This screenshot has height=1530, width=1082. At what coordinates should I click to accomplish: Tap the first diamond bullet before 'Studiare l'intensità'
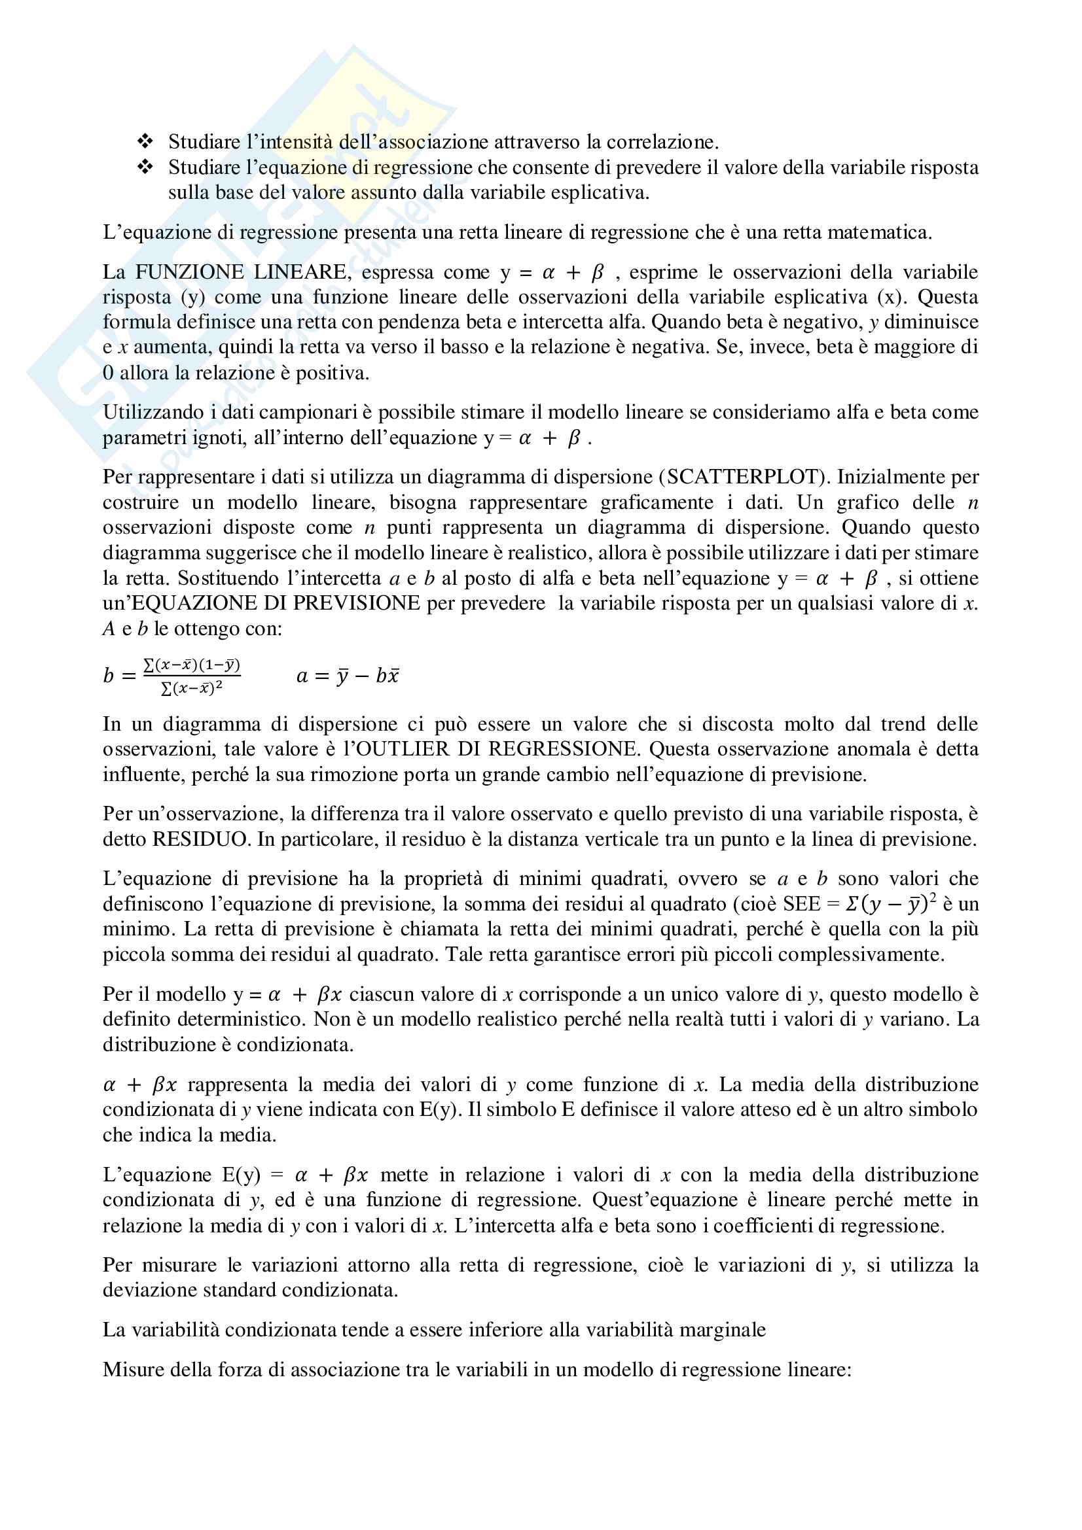tap(145, 141)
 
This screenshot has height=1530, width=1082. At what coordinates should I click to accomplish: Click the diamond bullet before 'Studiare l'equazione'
tap(145, 167)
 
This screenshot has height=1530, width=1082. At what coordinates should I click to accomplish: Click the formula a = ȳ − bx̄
tap(348, 676)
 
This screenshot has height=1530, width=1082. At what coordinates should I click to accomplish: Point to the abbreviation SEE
tap(801, 904)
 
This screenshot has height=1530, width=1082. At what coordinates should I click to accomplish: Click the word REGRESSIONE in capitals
tap(562, 749)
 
